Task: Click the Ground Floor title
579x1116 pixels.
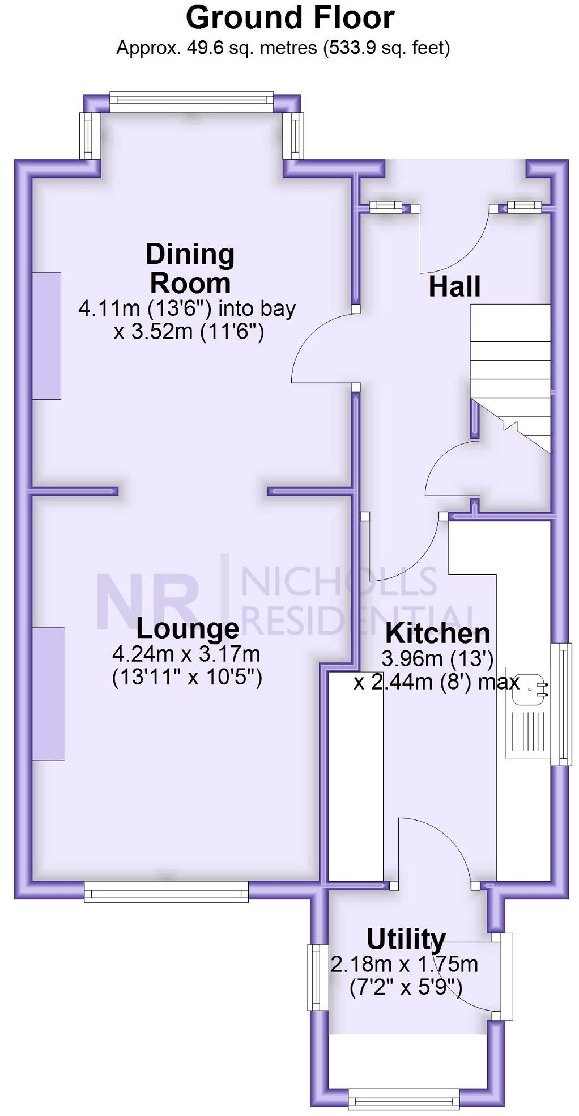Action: pyautogui.click(x=289, y=18)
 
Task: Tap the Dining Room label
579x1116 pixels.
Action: pyautogui.click(x=190, y=268)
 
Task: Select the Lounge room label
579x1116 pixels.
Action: pyautogui.click(x=188, y=628)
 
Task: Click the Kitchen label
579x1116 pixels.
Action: pyautogui.click(x=437, y=633)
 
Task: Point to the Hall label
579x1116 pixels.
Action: pyautogui.click(x=454, y=286)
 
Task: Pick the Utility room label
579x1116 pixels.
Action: pyautogui.click(x=406, y=939)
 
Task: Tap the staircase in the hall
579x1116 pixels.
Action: pyautogui.click(x=510, y=363)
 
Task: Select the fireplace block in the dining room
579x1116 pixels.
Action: pyautogui.click(x=46, y=336)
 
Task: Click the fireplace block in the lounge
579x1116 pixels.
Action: pyautogui.click(x=48, y=693)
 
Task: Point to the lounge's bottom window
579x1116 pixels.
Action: pyautogui.click(x=167, y=891)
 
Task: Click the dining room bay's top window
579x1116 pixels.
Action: pyautogui.click(x=191, y=102)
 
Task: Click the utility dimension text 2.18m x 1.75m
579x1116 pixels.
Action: pyautogui.click(x=405, y=964)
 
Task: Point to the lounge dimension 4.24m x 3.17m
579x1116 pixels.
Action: pyautogui.click(x=186, y=654)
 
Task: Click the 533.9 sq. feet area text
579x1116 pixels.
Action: pyautogui.click(x=386, y=48)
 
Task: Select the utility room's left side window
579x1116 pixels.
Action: pyautogui.click(x=318, y=976)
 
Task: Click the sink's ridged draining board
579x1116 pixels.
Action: pyautogui.click(x=527, y=732)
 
